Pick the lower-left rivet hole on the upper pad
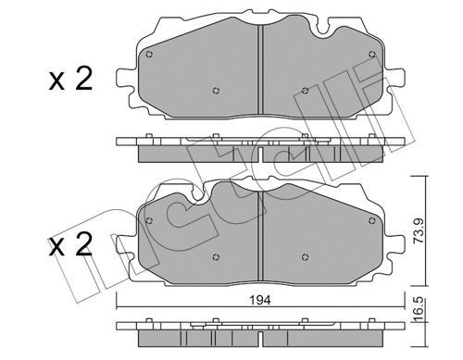pyautogui.click(x=215, y=91)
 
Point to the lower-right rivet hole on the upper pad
pyautogui.click(x=306, y=91)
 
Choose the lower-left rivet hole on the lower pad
pyautogui.click(x=215, y=256)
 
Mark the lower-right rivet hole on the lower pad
pyautogui.click(x=306, y=256)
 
